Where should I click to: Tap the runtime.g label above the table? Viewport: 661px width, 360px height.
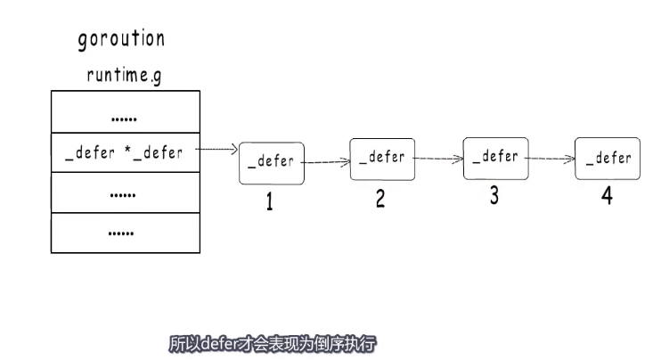pos(125,76)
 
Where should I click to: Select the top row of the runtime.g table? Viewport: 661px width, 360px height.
pos(125,111)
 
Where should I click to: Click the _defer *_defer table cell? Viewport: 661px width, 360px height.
pos(125,152)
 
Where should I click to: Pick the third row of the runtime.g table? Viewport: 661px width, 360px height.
pos(125,192)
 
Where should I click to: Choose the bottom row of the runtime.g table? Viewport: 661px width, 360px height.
pos(125,233)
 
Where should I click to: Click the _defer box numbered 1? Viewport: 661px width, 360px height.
pos(272,164)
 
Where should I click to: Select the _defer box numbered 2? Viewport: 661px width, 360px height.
pos(381,159)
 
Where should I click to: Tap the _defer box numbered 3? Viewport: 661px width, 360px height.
pos(494,158)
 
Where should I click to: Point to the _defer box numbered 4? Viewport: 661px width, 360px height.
pos(608,159)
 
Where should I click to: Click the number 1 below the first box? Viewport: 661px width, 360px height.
pos(269,203)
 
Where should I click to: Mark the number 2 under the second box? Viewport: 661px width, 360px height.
pos(380,200)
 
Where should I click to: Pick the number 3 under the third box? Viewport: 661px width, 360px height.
pos(494,197)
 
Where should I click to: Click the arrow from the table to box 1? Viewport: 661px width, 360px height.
pos(216,151)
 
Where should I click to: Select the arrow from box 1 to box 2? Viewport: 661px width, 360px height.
pos(326,162)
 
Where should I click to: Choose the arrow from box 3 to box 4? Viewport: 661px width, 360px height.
pos(550,159)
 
